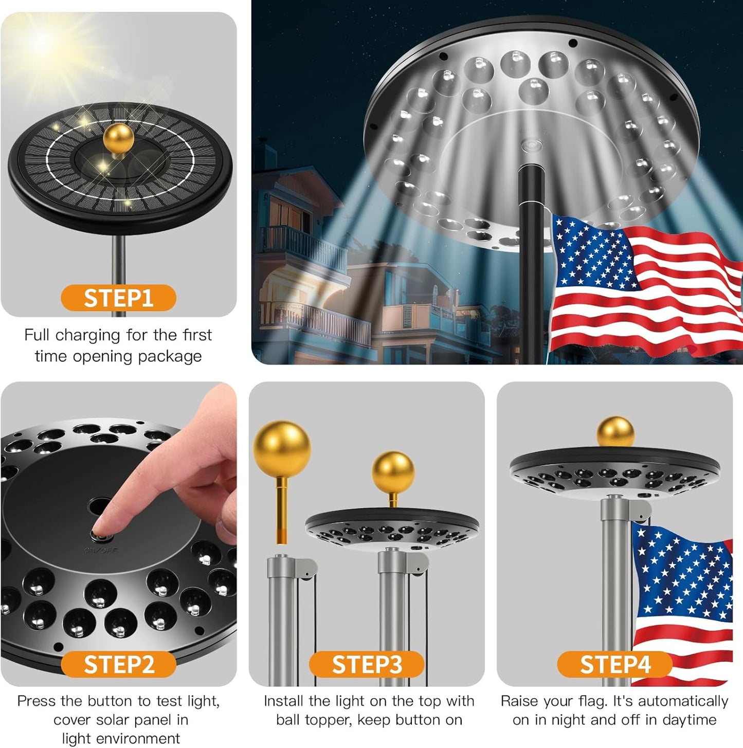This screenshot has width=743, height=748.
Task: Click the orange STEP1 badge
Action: pyautogui.click(x=118, y=298)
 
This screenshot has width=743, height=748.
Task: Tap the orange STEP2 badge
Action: pyautogui.click(x=118, y=664)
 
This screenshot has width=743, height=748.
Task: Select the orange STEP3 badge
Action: pyautogui.click(x=367, y=664)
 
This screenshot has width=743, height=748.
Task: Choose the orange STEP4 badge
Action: pyautogui.click(x=615, y=664)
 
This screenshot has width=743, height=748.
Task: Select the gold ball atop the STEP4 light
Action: pyautogui.click(x=615, y=432)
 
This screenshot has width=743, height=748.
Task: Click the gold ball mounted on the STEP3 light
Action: pyautogui.click(x=393, y=472)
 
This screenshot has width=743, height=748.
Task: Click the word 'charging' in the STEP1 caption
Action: pyautogui.click(x=87, y=335)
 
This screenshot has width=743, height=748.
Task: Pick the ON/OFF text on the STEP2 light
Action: pyautogui.click(x=101, y=551)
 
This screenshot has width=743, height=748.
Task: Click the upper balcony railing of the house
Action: pyautogui.click(x=303, y=242)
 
